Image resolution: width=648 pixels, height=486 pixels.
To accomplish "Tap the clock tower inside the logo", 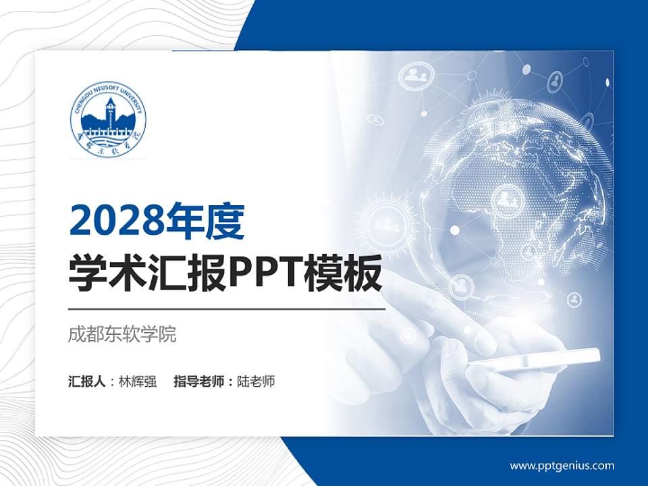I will coord(109,113).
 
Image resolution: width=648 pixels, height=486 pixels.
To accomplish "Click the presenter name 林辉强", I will coord(138,381).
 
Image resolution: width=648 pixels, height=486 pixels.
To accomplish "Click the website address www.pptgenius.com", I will coord(562,465).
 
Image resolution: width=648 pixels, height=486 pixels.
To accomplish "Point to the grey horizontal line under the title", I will coord(227,308).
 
